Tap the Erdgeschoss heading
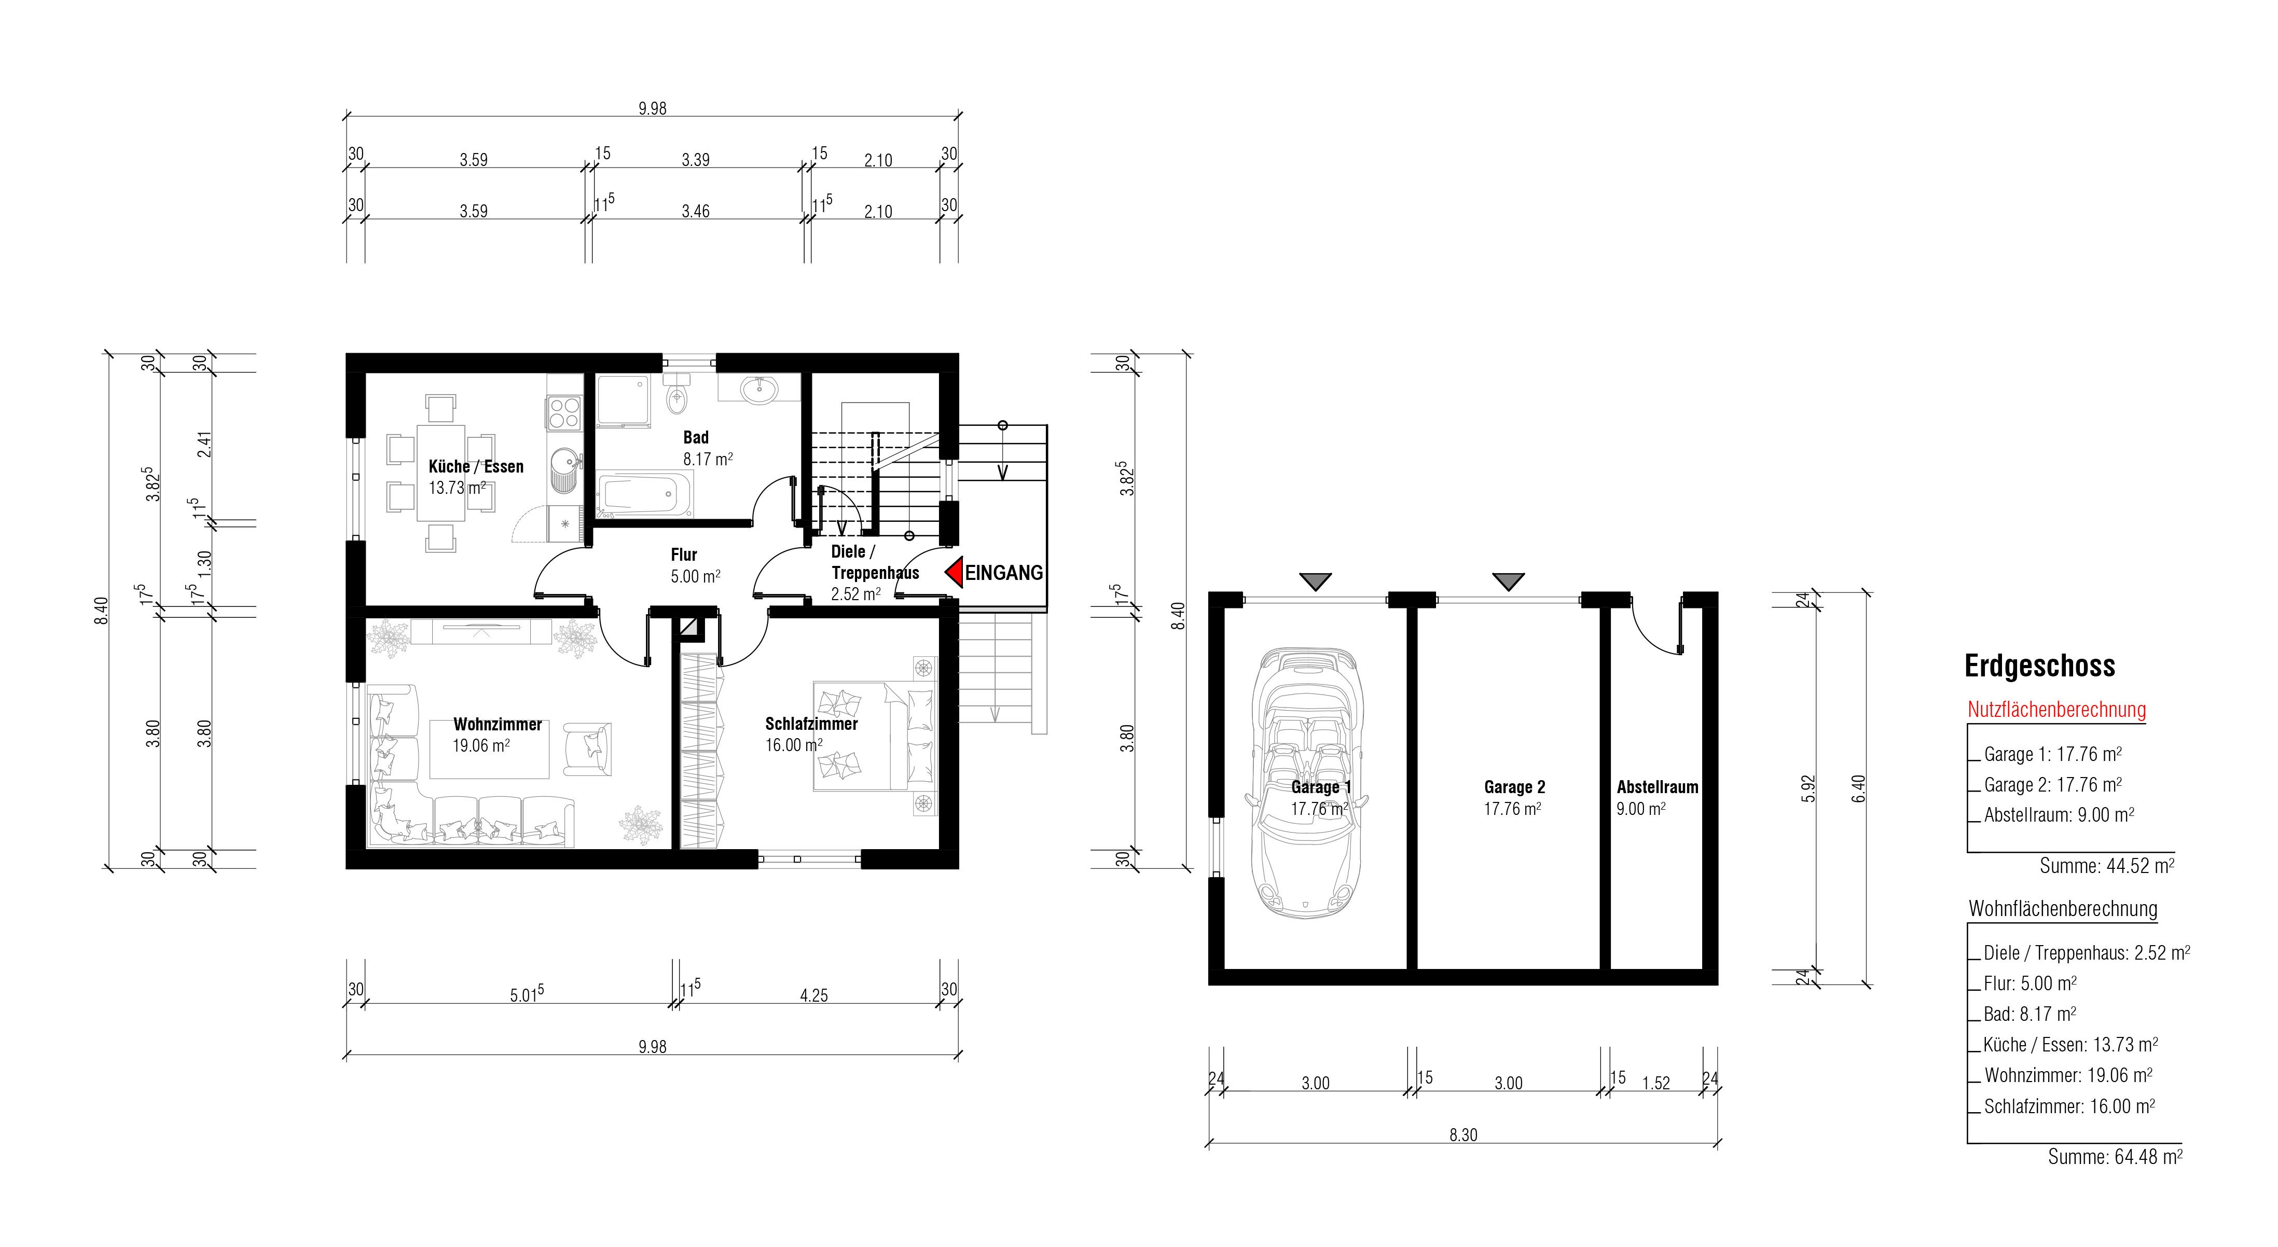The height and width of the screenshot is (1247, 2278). click(x=2039, y=666)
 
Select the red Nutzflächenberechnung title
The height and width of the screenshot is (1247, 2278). click(x=2056, y=709)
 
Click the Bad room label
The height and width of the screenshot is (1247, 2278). click(x=696, y=437)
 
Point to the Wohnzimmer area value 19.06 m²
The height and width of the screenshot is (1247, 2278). click(x=481, y=745)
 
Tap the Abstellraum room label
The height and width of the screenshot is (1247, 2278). click(x=1657, y=787)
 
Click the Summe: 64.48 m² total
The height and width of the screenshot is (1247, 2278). click(x=2115, y=1156)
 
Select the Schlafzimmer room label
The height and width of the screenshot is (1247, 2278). click(x=811, y=724)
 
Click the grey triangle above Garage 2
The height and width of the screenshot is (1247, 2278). click(x=1508, y=581)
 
